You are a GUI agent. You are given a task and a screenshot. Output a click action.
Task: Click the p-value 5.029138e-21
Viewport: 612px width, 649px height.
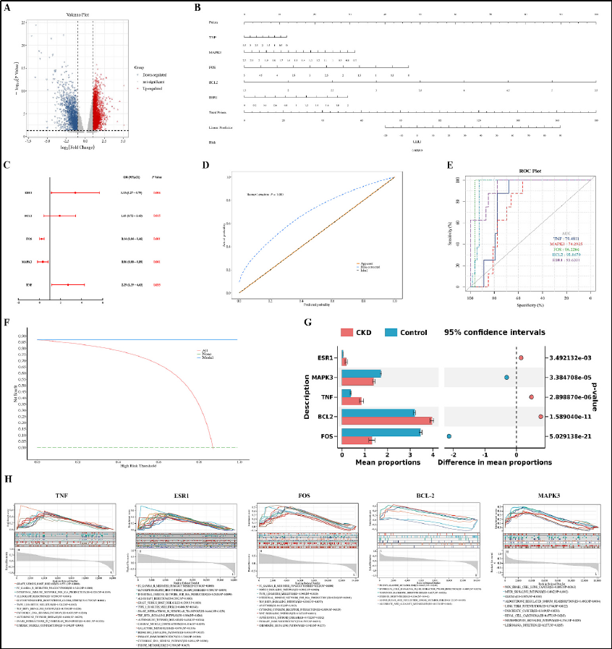click(569, 436)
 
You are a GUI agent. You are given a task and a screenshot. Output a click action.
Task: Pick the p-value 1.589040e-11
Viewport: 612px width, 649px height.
click(569, 417)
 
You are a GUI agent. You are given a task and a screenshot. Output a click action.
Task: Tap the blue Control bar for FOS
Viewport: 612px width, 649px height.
click(381, 432)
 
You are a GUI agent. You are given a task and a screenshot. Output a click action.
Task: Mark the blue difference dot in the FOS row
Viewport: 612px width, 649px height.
click(449, 436)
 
